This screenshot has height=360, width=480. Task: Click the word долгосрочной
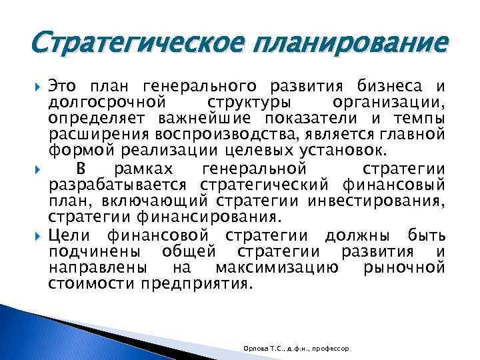pos(107,101)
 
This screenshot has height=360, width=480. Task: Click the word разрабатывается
pos(119,183)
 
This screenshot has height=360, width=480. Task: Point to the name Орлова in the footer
pos(255,349)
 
